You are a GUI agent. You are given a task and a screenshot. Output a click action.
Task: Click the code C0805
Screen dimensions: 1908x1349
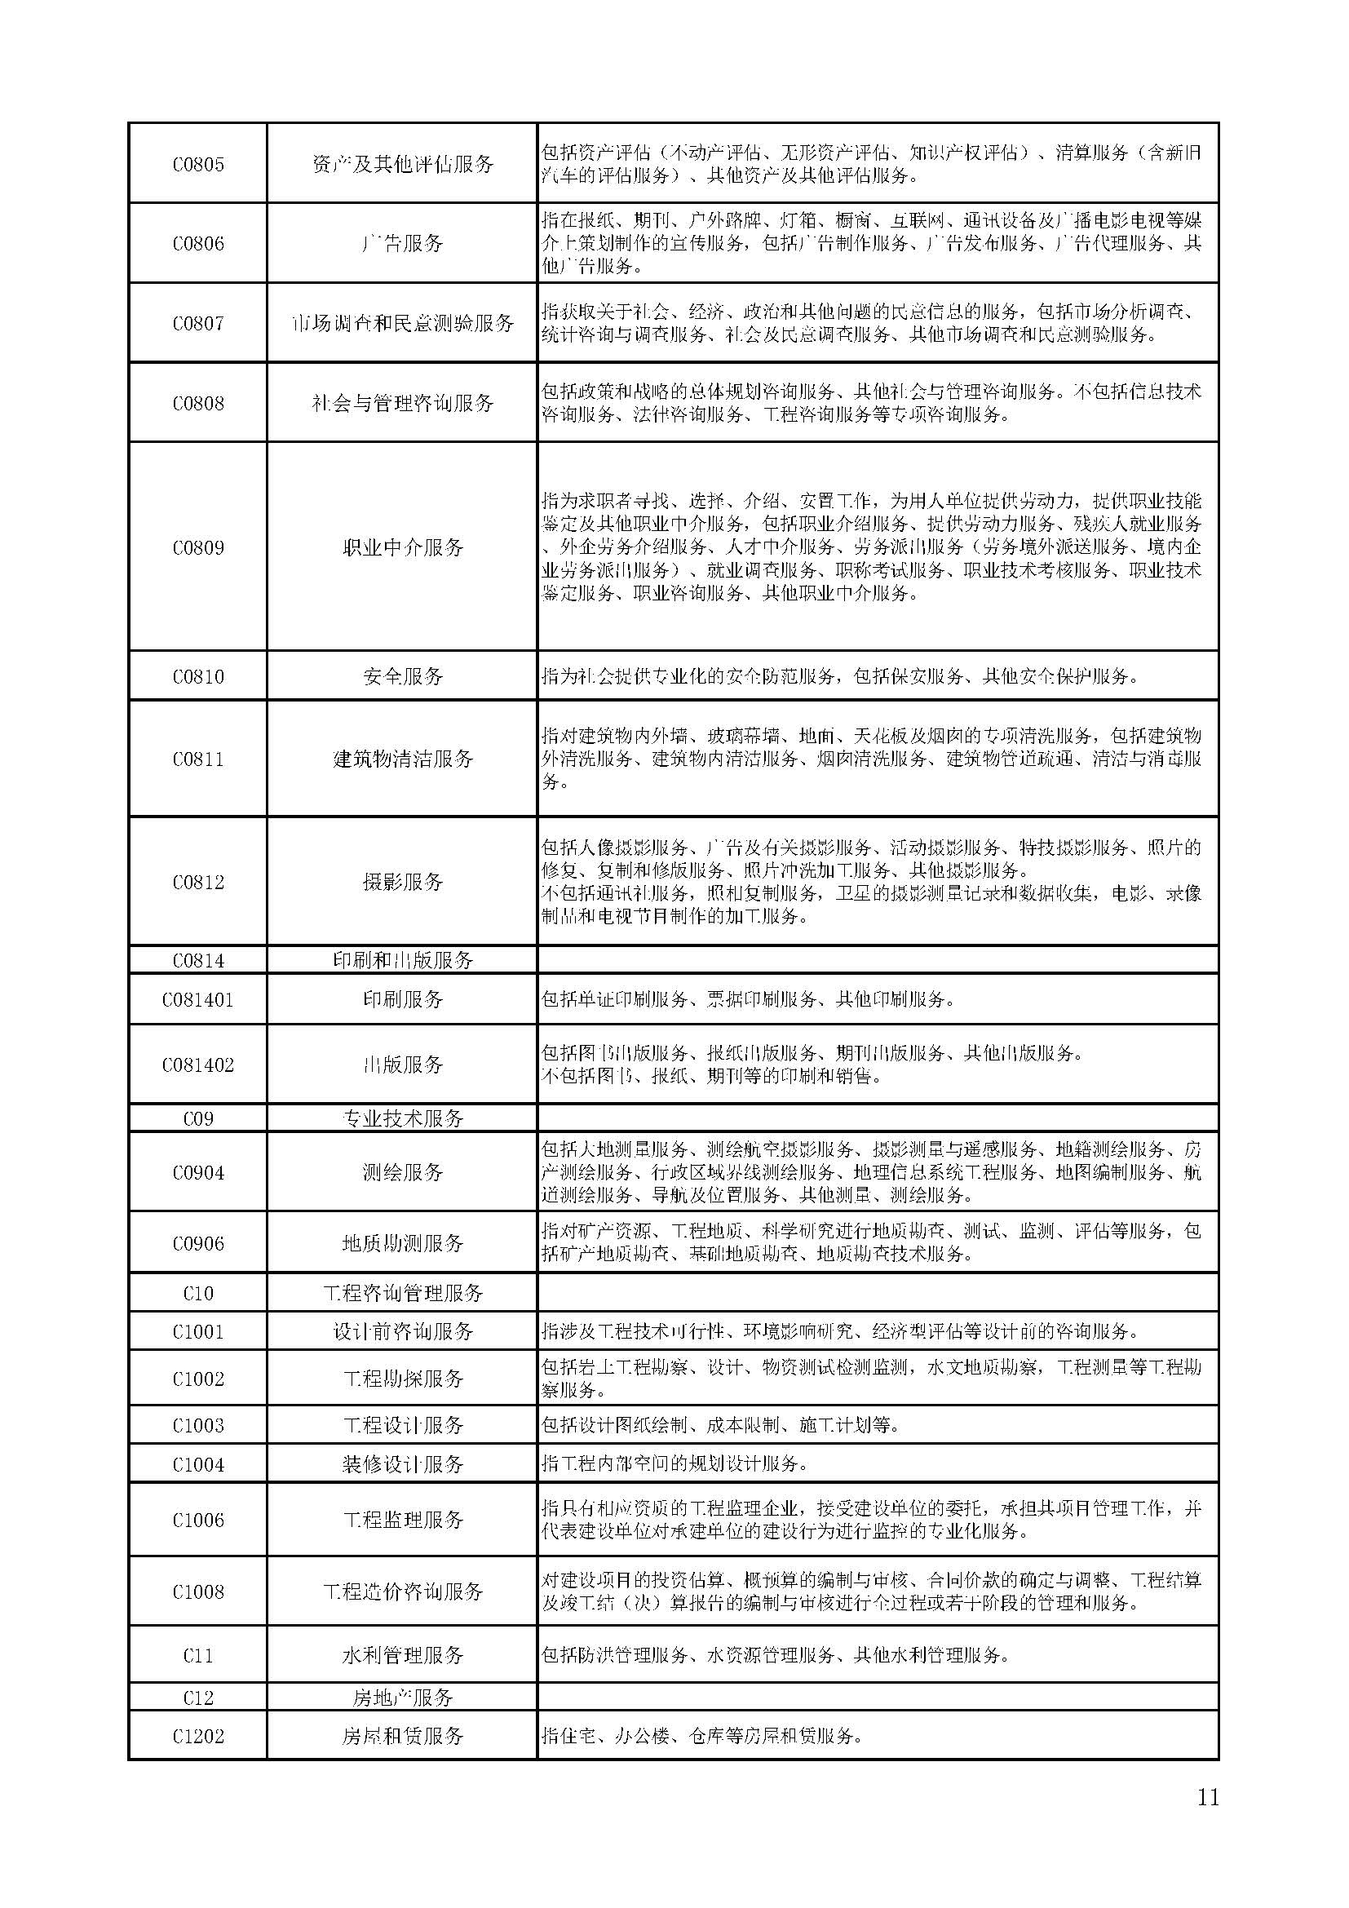pos(197,164)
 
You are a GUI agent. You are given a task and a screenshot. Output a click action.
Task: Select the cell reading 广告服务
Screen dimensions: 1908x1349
pos(403,243)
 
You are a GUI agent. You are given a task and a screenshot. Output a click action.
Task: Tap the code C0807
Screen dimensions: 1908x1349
pos(197,323)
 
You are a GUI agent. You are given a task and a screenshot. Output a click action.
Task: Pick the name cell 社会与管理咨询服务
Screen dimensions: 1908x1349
pos(403,403)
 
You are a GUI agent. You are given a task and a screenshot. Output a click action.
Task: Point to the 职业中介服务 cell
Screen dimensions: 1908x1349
pos(403,547)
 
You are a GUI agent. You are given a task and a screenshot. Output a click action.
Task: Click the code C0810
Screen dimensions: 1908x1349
pos(197,676)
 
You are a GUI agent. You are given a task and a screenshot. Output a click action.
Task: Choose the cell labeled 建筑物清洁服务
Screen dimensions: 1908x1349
pos(403,759)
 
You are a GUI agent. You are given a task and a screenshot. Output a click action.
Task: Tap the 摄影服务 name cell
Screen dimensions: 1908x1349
pos(403,882)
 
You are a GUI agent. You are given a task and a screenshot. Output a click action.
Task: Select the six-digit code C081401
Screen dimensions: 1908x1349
pos(197,1000)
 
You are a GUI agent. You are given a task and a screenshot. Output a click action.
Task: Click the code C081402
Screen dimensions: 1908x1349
pos(197,1065)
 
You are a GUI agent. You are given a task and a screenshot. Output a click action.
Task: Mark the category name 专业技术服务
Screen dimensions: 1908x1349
pos(403,1118)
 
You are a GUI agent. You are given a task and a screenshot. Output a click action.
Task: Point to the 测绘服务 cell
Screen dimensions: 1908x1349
pos(403,1172)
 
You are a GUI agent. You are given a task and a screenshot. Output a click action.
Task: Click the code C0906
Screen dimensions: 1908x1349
pos(197,1243)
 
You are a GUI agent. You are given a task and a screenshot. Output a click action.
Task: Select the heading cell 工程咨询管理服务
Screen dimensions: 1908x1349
pos(403,1293)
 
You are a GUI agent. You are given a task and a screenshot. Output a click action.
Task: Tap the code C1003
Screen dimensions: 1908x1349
pos(197,1425)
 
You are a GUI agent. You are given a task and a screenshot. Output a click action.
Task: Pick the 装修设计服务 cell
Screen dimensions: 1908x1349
pos(403,1464)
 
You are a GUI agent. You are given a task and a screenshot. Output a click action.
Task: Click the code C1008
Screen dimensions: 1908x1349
pos(197,1591)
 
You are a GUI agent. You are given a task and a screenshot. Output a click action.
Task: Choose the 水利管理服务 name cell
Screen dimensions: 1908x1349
pos(403,1655)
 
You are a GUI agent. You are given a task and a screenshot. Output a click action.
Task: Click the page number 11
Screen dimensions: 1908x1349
pos(1208,1796)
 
